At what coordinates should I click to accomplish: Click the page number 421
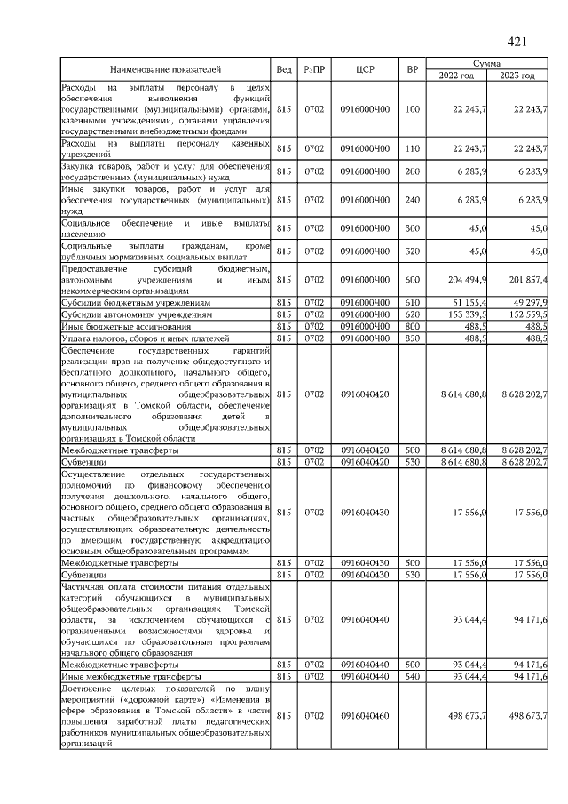pyautogui.click(x=517, y=41)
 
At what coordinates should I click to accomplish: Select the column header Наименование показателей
pyautogui.click(x=165, y=69)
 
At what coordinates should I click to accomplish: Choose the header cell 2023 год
pyautogui.click(x=517, y=76)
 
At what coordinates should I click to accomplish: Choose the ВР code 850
pyautogui.click(x=412, y=338)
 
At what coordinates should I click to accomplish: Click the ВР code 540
pyautogui.click(x=412, y=676)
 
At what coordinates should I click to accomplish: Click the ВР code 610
pyautogui.click(x=412, y=303)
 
